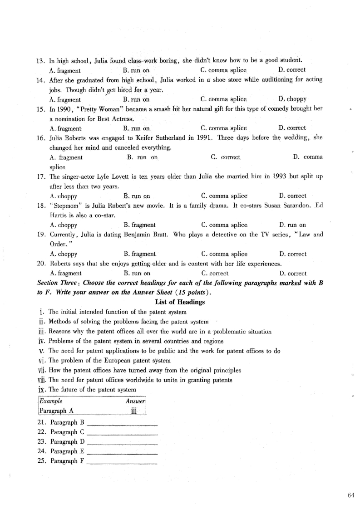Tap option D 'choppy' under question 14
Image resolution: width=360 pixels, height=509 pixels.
coord(292,99)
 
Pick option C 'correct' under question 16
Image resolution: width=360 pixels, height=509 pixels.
coord(226,157)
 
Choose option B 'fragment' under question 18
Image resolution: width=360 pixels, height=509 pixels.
coord(139,225)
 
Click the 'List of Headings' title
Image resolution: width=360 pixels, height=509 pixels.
coord(180,302)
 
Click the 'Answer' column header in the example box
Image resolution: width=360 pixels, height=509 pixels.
coord(135,401)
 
